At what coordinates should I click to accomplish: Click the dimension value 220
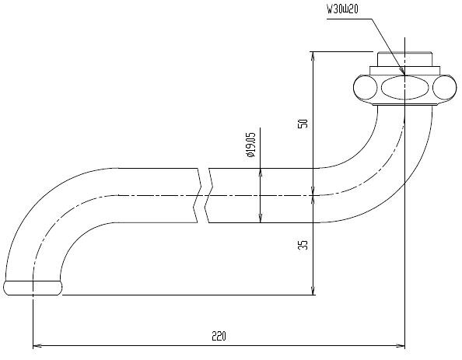point(219,336)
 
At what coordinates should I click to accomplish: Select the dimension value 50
point(303,123)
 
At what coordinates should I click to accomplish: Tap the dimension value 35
point(303,244)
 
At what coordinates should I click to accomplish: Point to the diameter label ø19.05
point(250,145)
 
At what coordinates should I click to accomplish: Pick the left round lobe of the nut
point(366,88)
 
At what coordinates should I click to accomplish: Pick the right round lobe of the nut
point(445,88)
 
